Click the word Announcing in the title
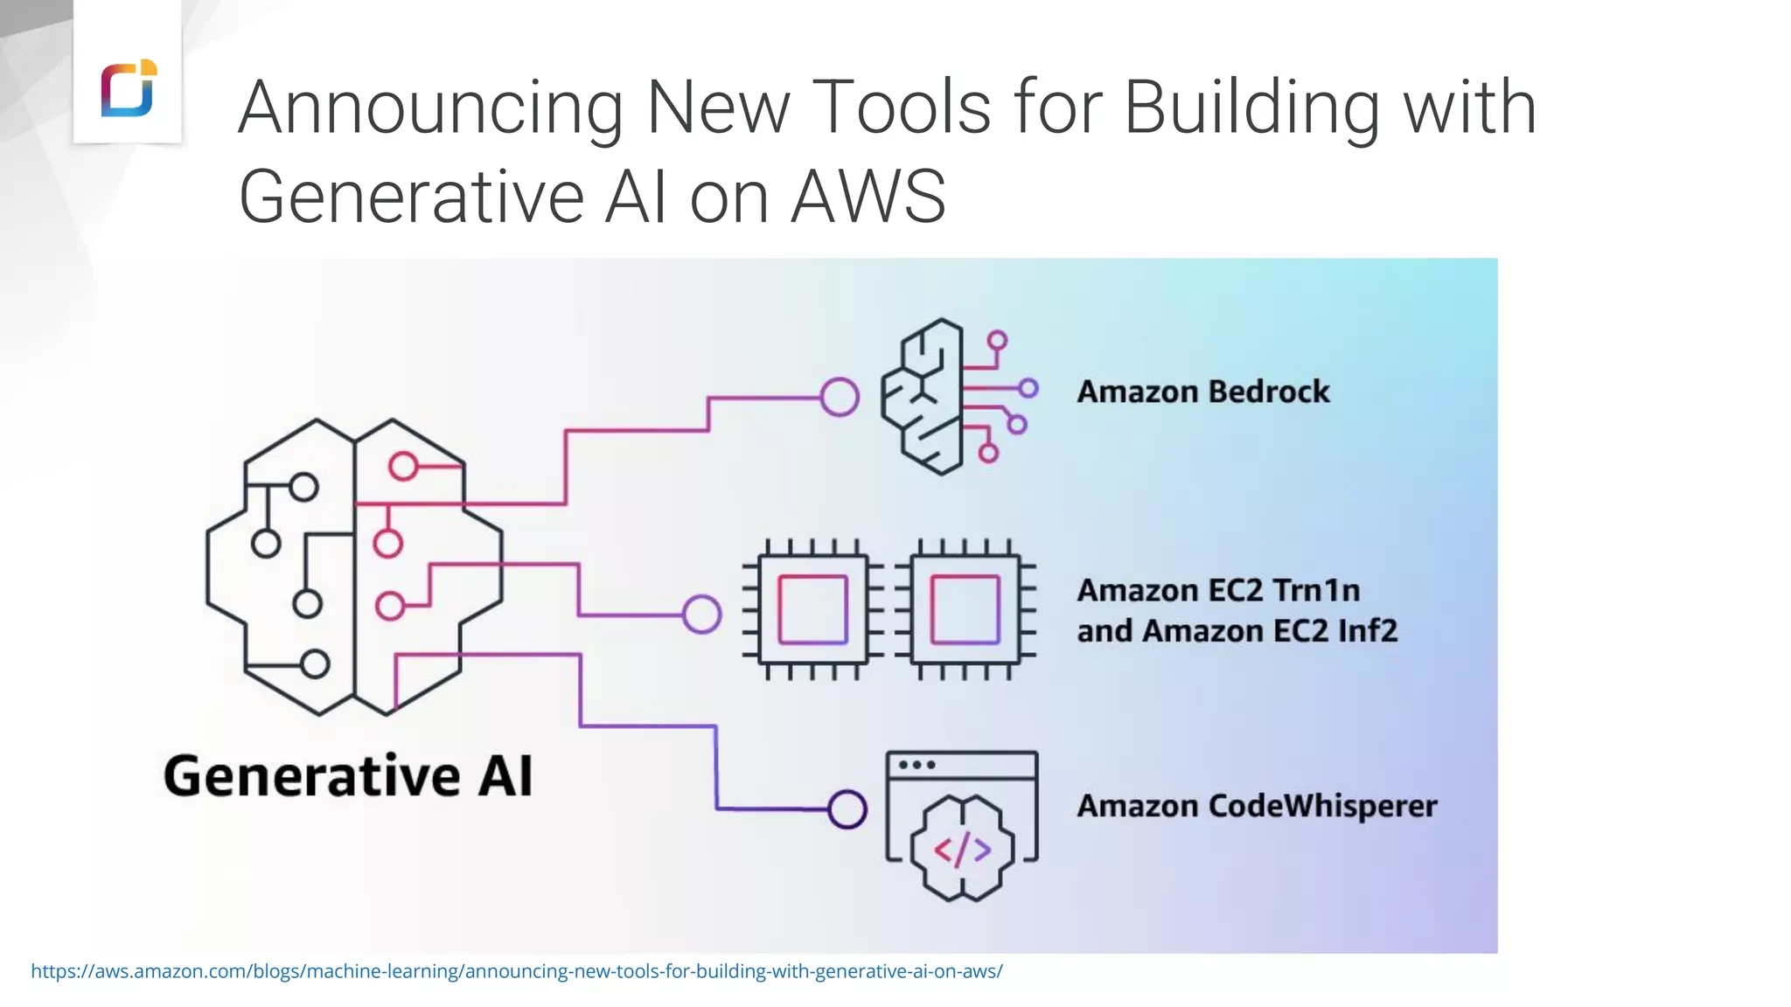pos(429,108)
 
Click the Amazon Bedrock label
pos(1202,392)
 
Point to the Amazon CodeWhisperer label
pos(1257,806)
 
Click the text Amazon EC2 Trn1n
pos(1218,591)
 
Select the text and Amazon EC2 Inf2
pos(1237,631)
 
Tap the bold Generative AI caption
pos(348,776)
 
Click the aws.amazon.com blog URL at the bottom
pos(516,971)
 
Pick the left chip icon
pos(812,609)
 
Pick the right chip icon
pos(965,609)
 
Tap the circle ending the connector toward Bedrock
pos(840,398)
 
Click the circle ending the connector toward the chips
pos(701,615)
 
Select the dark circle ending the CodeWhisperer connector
pos(847,809)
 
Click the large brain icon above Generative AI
pos(354,566)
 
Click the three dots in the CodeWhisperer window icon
pos(916,765)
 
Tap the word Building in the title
pos(1251,108)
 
